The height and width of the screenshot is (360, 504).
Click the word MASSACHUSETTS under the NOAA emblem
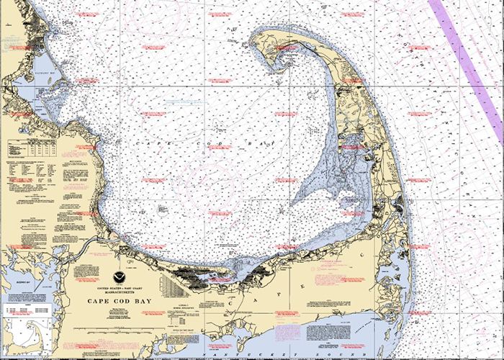(115, 293)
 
